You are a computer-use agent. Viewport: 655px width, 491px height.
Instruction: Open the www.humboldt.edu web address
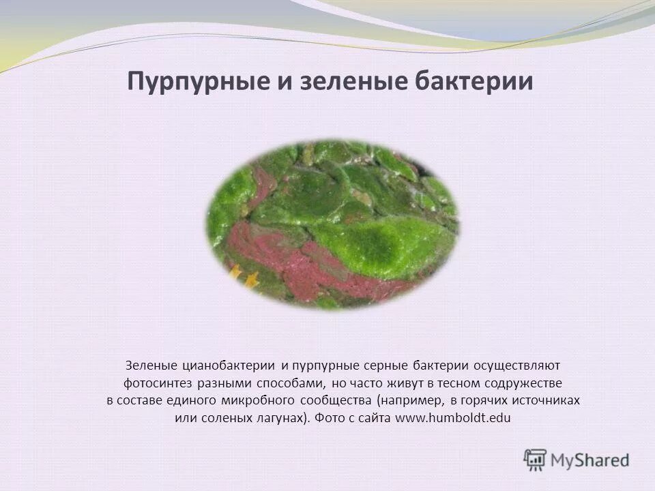click(x=452, y=418)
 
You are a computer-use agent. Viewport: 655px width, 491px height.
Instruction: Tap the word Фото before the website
click(x=330, y=418)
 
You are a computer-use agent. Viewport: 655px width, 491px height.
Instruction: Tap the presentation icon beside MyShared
click(x=535, y=460)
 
